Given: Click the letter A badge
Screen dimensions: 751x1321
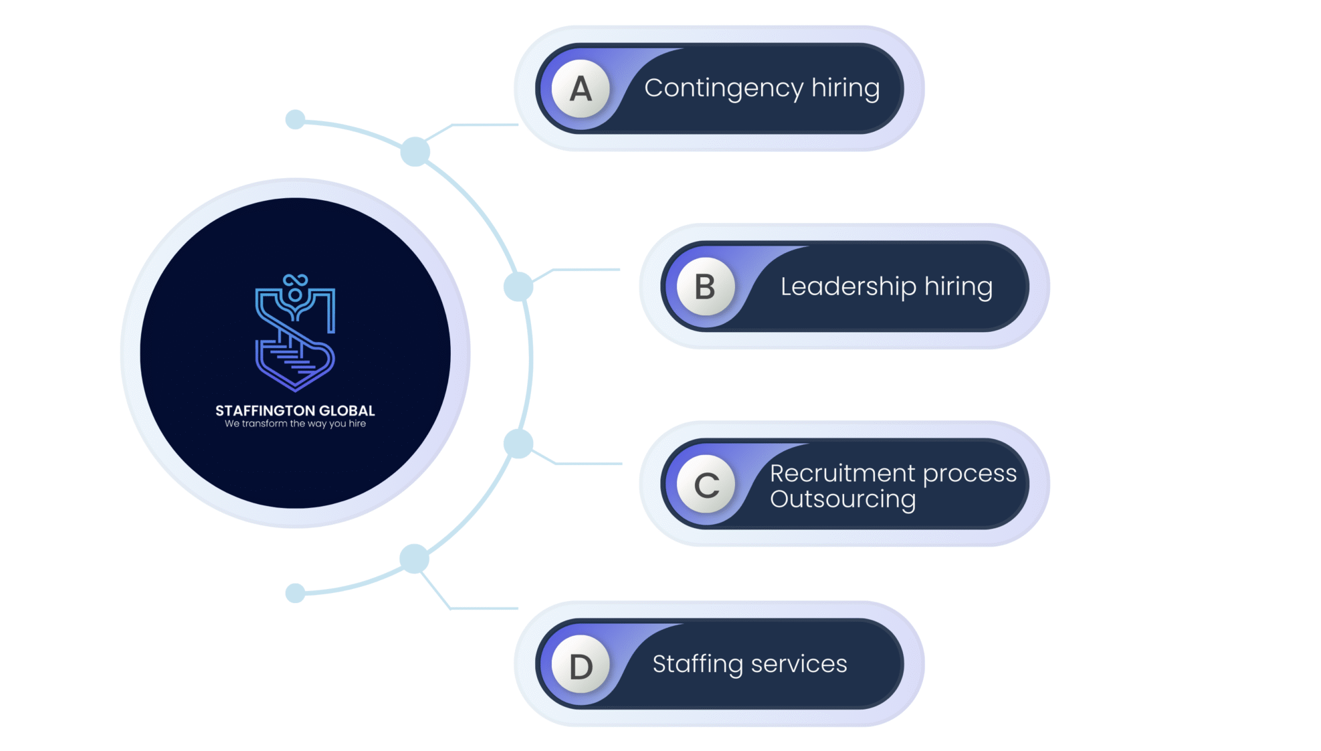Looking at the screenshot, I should coord(581,88).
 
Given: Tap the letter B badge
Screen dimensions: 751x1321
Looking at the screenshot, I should coord(706,286).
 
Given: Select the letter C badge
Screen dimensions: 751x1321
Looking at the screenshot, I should coord(706,485).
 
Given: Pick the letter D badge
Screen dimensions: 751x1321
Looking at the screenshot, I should coord(581,665).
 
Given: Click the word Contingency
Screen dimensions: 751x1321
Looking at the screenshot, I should coord(724,88).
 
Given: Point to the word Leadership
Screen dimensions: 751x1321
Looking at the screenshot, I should coord(848,286).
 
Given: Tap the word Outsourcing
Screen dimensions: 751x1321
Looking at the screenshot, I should coord(843,499).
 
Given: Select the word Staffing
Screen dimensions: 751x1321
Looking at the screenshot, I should coord(697,664).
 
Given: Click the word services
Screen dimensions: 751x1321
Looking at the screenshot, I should coord(799,664).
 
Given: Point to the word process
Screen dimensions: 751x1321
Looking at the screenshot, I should coord(970,474).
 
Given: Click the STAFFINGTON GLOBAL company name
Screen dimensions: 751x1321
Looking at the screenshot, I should coord(295,410).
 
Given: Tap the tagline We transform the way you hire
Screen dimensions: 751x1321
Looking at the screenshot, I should coord(295,424).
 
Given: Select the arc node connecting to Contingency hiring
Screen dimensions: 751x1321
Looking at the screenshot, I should coord(415,152).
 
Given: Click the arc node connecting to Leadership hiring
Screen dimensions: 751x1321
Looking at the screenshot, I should coord(518,286).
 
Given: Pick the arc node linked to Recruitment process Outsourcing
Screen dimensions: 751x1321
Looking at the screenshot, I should coord(518,444).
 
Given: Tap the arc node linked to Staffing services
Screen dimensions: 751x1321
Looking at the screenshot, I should coord(414,558).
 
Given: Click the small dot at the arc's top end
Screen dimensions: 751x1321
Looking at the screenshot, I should coord(295,120).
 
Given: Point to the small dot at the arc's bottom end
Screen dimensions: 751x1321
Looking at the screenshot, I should coord(295,593).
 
